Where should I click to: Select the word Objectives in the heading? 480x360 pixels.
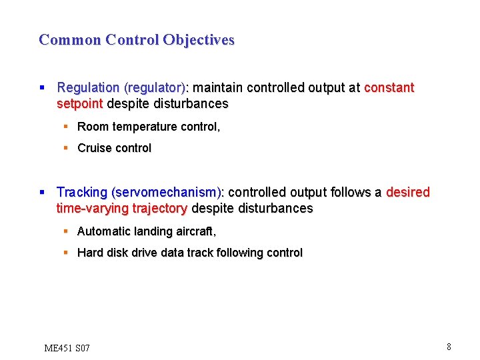203,40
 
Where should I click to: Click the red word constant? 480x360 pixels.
389,88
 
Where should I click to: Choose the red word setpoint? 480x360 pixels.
80,104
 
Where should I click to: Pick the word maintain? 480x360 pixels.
218,88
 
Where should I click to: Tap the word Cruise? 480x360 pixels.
93,148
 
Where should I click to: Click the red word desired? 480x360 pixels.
408,193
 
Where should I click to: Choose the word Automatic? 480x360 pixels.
103,231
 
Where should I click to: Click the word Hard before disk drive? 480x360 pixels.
90,253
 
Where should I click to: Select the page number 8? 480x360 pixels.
449,347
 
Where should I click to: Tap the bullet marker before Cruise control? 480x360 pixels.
66,148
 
